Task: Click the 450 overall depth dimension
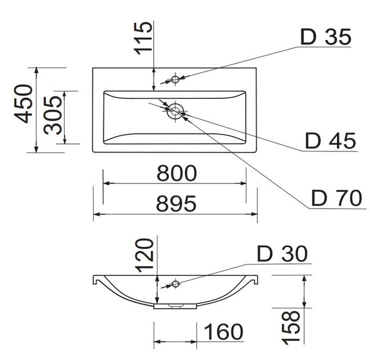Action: [23, 103]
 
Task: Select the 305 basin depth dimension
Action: [53, 115]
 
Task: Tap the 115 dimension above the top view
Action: [143, 38]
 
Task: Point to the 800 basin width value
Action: [176, 173]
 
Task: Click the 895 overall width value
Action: [176, 203]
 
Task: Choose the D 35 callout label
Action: [325, 37]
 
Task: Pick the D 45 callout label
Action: [331, 141]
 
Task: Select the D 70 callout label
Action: [336, 198]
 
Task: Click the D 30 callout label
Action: [282, 254]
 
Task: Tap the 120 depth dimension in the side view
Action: [144, 255]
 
